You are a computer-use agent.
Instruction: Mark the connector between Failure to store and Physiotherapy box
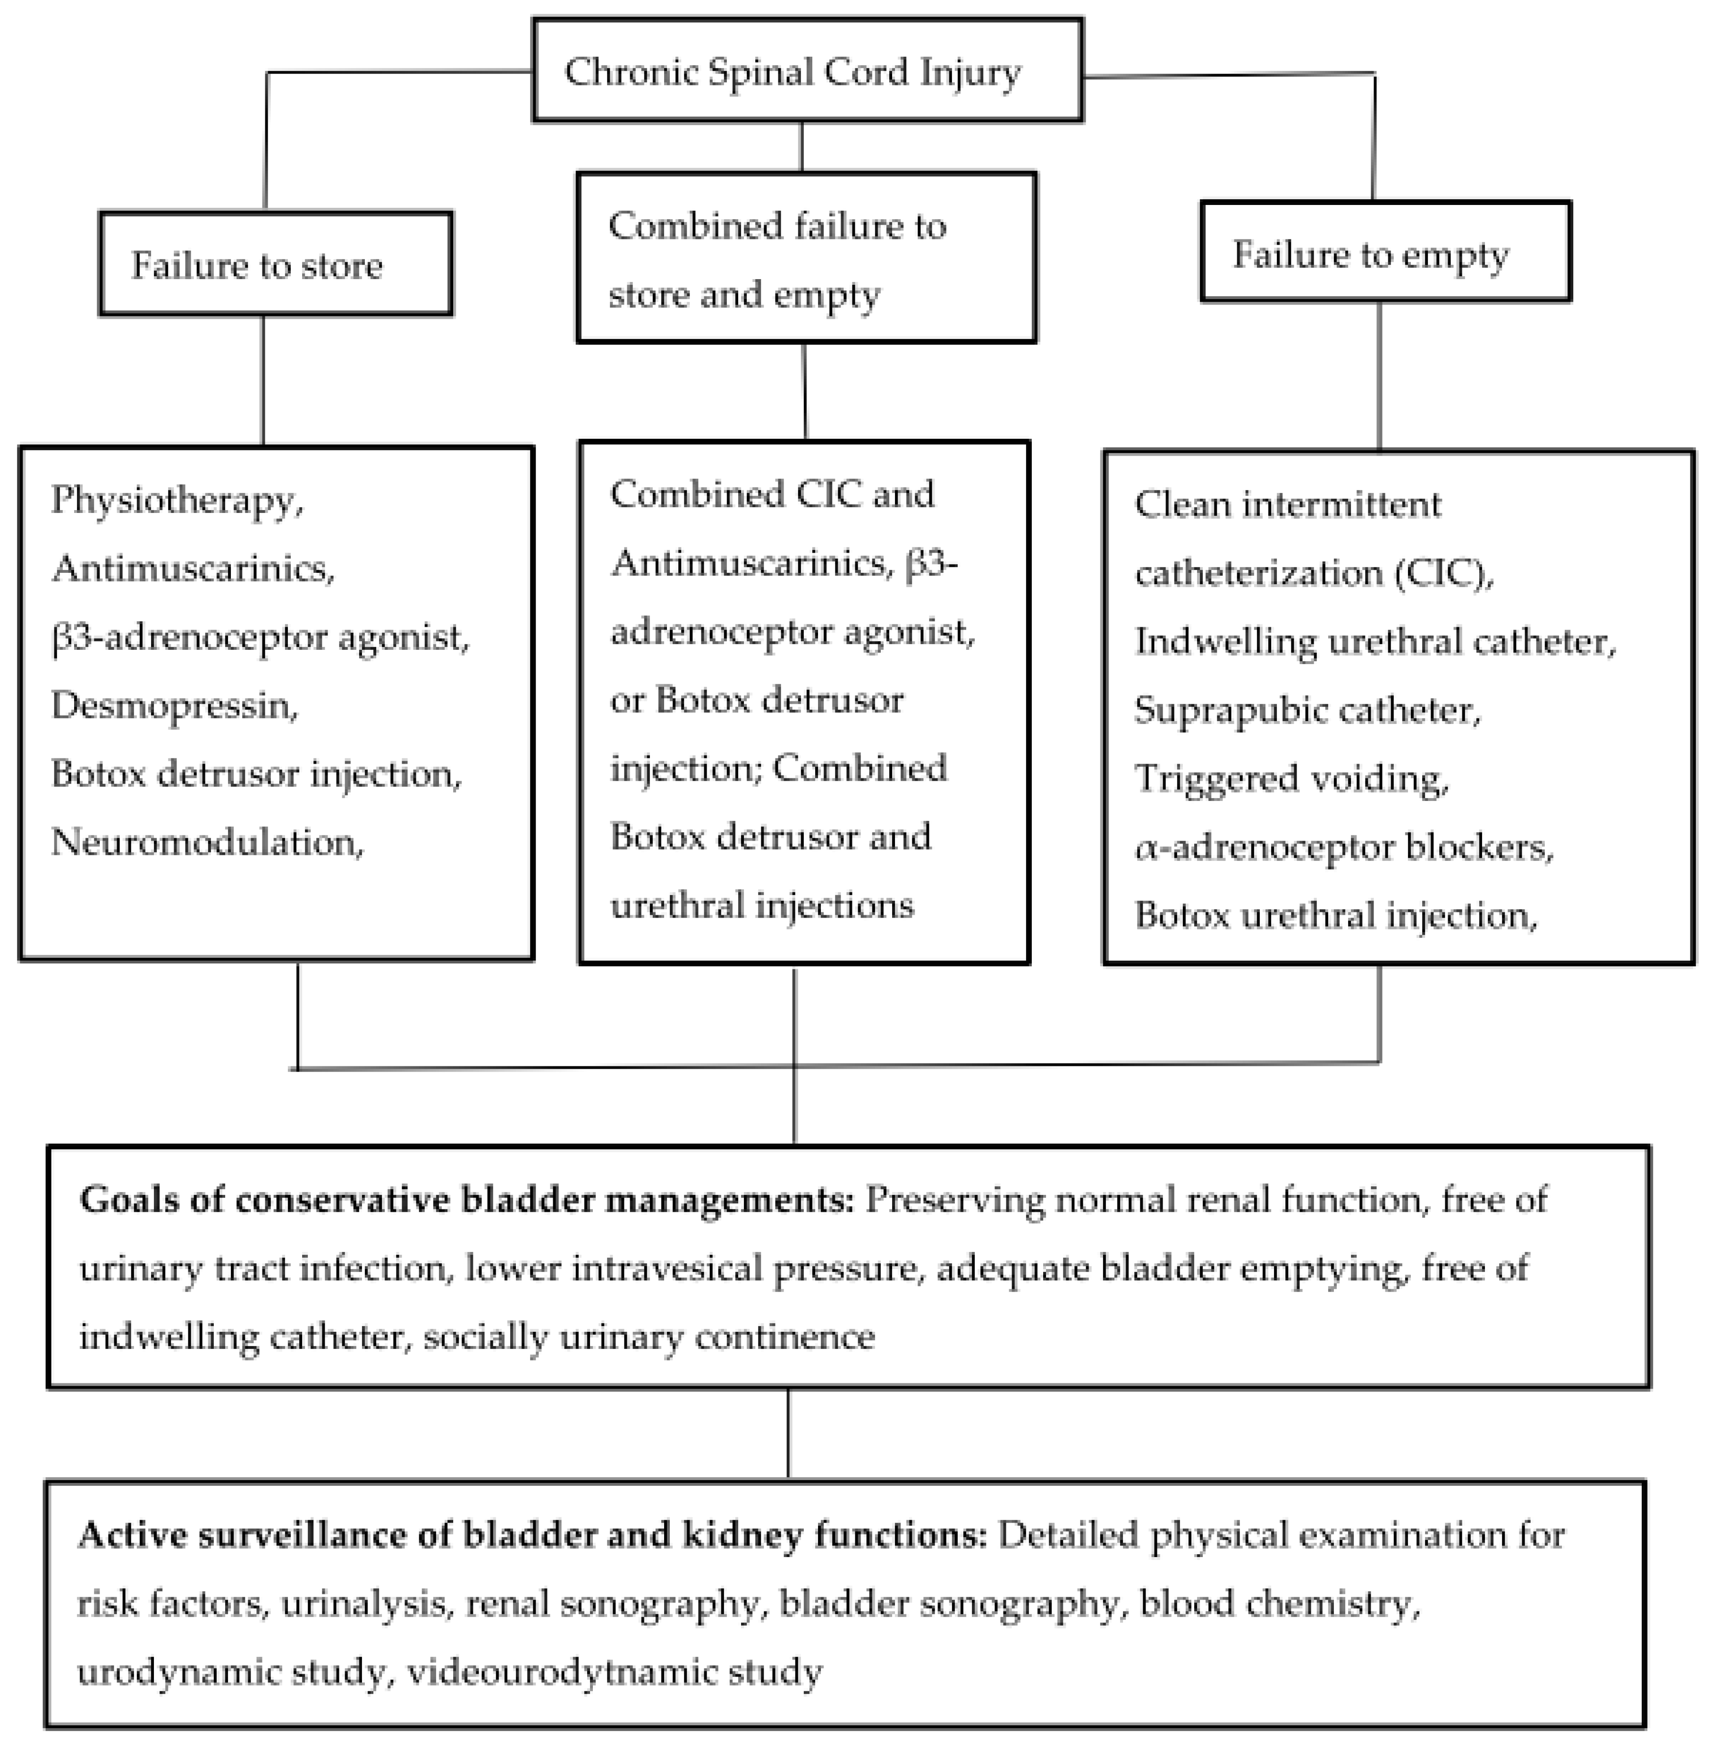pyautogui.click(x=263, y=381)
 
